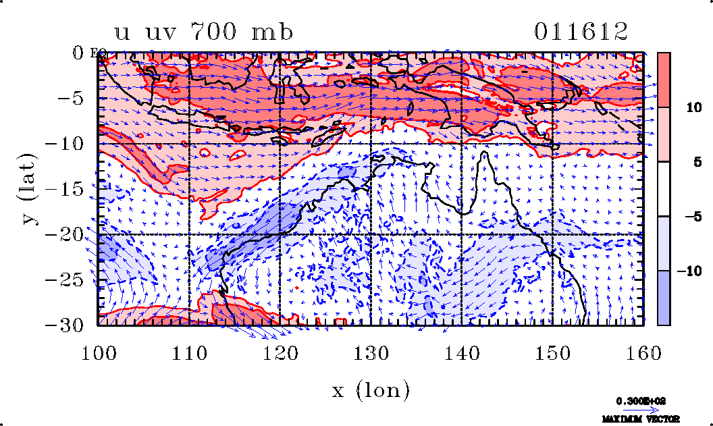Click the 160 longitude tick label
point(643,352)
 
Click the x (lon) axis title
point(371,390)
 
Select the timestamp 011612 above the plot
point(581,31)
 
